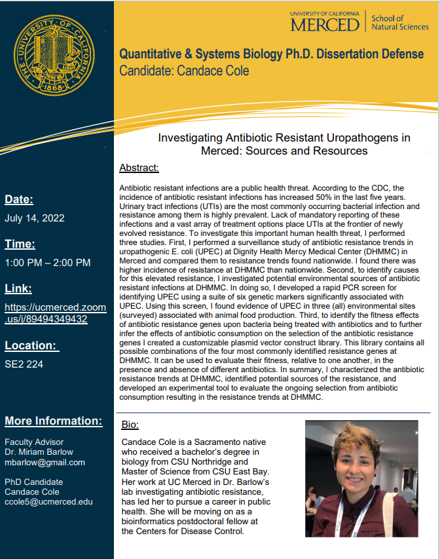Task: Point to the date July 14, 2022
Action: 34,218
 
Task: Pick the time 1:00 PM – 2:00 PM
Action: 47,263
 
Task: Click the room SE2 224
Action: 24,364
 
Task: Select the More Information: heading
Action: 53,421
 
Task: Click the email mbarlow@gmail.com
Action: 45,462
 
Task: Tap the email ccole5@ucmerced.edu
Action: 48,502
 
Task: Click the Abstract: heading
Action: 139,168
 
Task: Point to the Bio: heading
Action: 130,425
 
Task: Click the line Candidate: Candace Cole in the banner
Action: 184,70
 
